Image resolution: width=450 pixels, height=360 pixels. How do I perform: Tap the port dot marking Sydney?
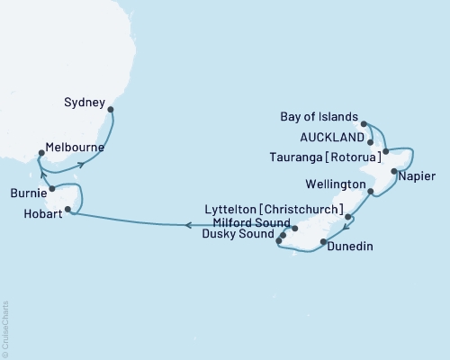[111, 111]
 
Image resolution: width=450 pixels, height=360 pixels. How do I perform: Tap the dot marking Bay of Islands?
[364, 123]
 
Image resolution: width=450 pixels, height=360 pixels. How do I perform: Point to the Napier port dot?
[394, 171]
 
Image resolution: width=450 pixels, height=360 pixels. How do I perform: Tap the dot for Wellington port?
[370, 192]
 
